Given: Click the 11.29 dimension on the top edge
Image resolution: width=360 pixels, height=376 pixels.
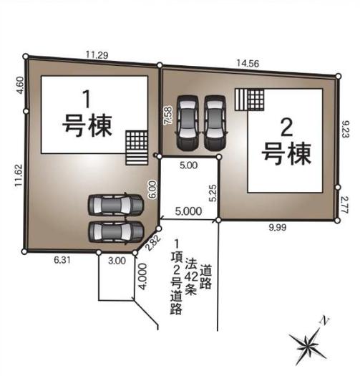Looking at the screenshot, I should click(x=97, y=54).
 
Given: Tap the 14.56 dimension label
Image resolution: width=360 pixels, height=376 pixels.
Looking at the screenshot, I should click(x=248, y=63).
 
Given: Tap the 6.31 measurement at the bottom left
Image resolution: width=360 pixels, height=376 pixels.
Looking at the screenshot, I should click(x=61, y=261).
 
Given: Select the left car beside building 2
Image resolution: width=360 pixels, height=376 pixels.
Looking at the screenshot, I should click(x=188, y=122).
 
